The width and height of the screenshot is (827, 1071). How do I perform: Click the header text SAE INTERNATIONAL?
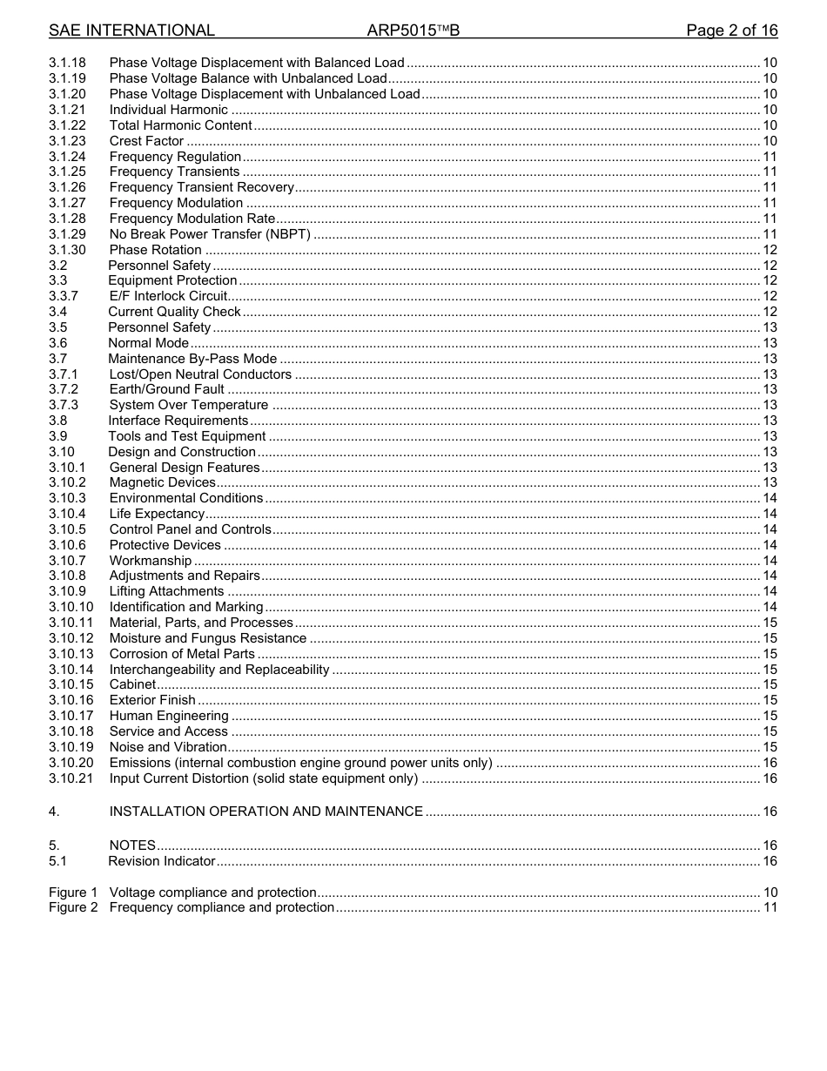coord(131,30)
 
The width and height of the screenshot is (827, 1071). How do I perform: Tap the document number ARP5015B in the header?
coord(413,30)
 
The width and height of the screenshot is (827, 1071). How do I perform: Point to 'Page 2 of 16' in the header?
coord(731,30)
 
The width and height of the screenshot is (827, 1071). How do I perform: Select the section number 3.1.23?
coord(67,141)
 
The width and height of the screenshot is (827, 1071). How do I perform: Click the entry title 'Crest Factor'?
coord(146,141)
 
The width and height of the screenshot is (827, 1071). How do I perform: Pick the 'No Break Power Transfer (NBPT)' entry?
coord(209,234)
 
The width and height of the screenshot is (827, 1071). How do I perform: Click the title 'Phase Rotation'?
coord(155,250)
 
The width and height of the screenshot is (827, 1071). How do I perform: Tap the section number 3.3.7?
coord(64,296)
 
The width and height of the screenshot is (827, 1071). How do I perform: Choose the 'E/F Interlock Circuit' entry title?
coord(168,296)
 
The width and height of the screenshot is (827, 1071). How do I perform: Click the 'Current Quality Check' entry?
coord(174,312)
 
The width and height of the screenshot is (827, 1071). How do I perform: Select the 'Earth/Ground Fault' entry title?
coord(166,389)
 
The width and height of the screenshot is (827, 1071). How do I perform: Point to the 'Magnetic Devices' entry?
coord(162,482)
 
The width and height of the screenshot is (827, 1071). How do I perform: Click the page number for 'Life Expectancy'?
coord(770,514)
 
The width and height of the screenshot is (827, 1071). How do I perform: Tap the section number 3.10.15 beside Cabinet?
coord(71,684)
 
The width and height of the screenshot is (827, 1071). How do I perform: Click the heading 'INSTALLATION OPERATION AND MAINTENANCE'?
coord(266,812)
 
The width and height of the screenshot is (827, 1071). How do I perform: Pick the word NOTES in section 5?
coord(132,845)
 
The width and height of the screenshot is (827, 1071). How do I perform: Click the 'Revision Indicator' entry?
coord(161,861)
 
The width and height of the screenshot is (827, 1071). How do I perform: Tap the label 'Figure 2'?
coord(73,907)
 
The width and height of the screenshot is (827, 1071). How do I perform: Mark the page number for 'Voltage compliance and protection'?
coord(770,892)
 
